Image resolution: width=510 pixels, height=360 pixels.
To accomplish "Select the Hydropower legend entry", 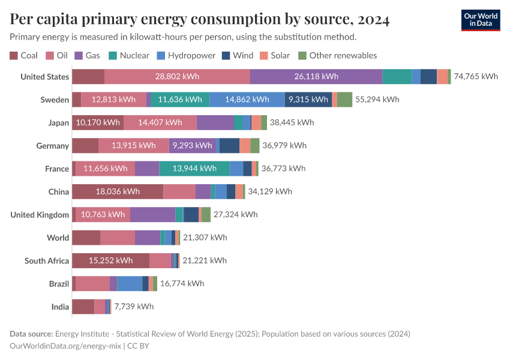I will [x=186, y=55].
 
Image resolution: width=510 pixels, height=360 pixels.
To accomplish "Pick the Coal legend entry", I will [x=23, y=55].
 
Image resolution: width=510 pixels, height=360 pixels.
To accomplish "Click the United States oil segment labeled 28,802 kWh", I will [x=177, y=76].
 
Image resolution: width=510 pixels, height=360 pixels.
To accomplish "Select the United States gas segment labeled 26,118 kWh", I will [x=316, y=76].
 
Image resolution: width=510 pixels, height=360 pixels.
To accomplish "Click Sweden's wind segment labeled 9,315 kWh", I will [x=308, y=100].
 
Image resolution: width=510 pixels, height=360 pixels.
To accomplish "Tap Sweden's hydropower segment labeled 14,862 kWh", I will [x=247, y=100].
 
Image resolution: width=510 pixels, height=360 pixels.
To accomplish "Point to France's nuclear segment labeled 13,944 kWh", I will [x=194, y=169].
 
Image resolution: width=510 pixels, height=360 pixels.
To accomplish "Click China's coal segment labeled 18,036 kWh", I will [x=118, y=191].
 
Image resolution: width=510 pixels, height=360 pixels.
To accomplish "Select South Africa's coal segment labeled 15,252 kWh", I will [x=110, y=260].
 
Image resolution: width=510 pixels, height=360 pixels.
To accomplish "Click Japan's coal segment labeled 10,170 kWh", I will [x=98, y=122].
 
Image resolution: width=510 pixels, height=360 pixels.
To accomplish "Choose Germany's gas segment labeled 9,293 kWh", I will [x=192, y=145].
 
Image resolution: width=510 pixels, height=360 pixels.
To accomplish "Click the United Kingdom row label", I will [x=40, y=215].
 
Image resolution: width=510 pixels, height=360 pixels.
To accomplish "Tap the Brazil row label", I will [x=59, y=284].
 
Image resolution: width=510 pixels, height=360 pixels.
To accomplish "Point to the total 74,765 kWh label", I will [x=476, y=76].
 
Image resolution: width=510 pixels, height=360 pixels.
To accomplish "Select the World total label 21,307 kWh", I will [x=205, y=238].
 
